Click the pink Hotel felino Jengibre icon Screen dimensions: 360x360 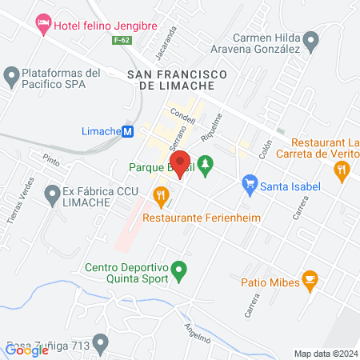pos(43,25)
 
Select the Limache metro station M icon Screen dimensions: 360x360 pos(127,132)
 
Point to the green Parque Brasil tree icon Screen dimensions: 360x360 pos(206,167)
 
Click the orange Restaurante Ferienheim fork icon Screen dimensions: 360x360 pos(161,194)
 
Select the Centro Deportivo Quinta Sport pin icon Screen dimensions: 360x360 pos(180,272)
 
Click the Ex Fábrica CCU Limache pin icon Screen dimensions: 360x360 pos(53,193)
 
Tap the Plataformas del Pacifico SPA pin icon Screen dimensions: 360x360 pos(11,77)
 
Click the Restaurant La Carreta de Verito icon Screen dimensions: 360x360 pos(342,169)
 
